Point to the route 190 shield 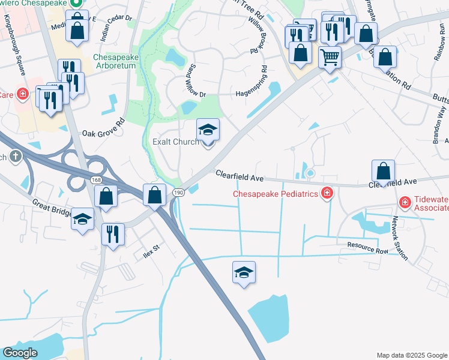[x=178, y=192]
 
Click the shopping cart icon [x=330, y=57]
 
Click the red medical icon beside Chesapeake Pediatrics [x=327, y=193]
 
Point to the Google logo [x=20, y=352]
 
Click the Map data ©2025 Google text [x=411, y=355]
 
